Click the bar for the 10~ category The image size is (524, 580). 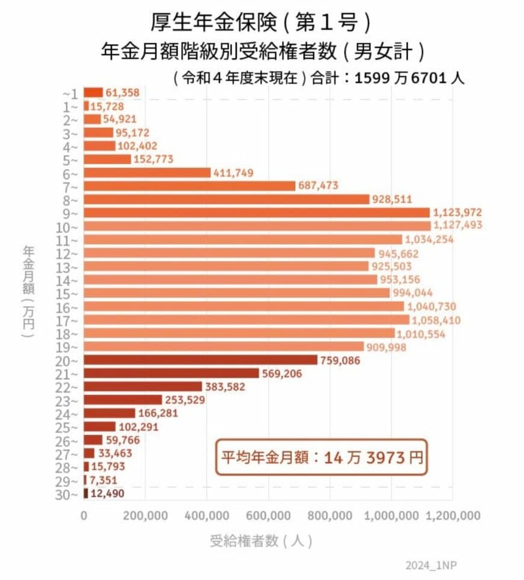coord(257,226)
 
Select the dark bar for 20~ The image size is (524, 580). coord(201,360)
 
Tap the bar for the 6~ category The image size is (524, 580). coord(147,173)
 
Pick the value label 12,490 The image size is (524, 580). coord(108,493)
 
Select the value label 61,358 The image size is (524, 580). coord(122,93)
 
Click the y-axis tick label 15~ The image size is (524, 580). coord(70,293)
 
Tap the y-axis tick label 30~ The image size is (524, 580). coord(70,494)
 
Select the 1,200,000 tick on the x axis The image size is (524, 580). coord(453,516)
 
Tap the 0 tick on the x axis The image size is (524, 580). coord(84,516)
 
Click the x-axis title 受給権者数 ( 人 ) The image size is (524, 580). coord(261,540)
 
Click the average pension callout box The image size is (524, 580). coord(321,457)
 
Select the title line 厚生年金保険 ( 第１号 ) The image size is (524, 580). coord(260,23)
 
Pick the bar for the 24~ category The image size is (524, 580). coord(110,413)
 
